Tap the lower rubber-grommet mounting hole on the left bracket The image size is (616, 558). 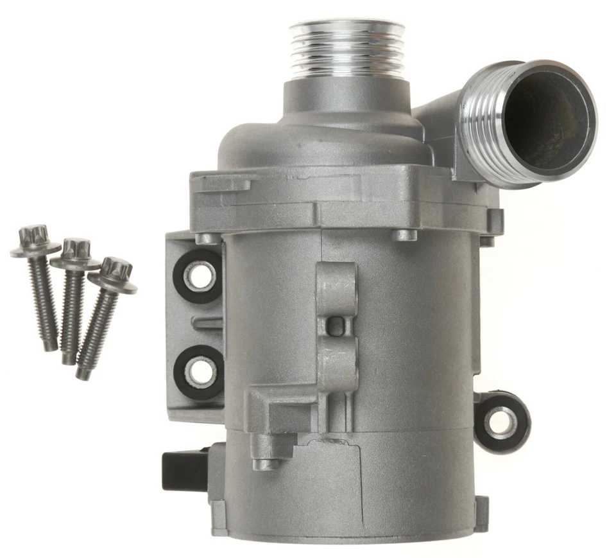198,369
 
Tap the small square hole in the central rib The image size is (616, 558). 334,327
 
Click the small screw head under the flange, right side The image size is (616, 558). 405,234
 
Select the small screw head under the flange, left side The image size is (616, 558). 207,238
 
